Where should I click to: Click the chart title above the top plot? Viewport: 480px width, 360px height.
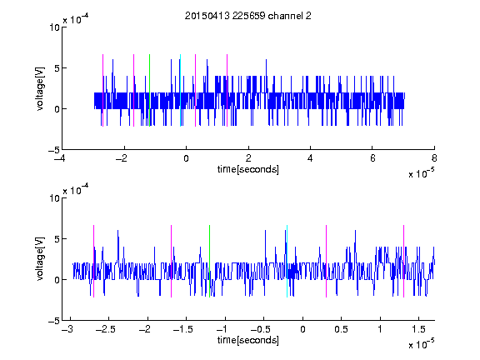coord(248,16)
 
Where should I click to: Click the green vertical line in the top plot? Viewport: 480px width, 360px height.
coord(149,90)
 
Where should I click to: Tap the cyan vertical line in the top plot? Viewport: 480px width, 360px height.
coord(180,90)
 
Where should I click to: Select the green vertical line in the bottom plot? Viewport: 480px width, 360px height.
coord(209,261)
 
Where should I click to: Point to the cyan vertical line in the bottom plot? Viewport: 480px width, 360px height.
coord(287,261)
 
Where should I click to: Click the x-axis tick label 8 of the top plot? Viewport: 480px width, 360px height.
coord(434,158)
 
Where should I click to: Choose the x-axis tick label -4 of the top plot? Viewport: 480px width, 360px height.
coord(60,158)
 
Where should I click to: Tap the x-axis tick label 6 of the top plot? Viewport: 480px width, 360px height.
coord(372,158)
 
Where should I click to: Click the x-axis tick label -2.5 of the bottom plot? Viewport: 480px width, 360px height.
coord(106,329)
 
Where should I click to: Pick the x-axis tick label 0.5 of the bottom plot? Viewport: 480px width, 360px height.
coord(342,329)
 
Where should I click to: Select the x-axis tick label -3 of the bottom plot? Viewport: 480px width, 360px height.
coord(67,329)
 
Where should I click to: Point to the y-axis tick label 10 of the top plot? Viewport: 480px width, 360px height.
coord(55,27)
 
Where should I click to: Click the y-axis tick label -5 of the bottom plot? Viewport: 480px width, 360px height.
coord(54,321)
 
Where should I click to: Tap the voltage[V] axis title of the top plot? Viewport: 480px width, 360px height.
coord(40,89)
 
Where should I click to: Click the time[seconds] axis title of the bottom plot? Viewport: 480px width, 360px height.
coord(248,340)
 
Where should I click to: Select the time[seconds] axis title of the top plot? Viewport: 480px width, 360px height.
coord(248,169)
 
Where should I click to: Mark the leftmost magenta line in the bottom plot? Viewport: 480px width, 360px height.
coord(93,261)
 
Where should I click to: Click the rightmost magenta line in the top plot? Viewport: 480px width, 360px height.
coord(227,90)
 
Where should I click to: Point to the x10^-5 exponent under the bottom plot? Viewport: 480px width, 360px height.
coord(421,343)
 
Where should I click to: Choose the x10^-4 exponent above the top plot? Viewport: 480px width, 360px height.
coord(76,19)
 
